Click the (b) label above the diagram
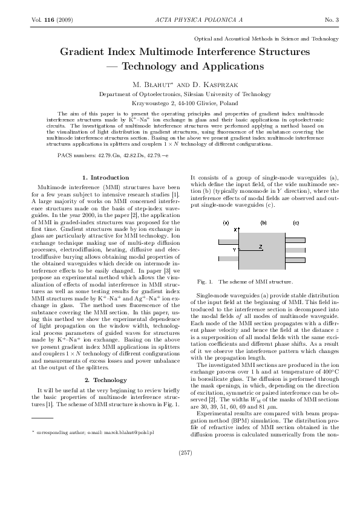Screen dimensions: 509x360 click(263, 222)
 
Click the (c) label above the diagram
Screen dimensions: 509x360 click(296, 222)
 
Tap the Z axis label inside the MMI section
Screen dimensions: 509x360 click(260, 247)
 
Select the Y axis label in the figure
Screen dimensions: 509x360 click(235, 249)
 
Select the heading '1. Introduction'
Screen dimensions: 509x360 click(105, 177)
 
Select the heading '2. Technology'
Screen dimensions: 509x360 click(105, 295)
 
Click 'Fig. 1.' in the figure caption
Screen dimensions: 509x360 click(206, 282)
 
